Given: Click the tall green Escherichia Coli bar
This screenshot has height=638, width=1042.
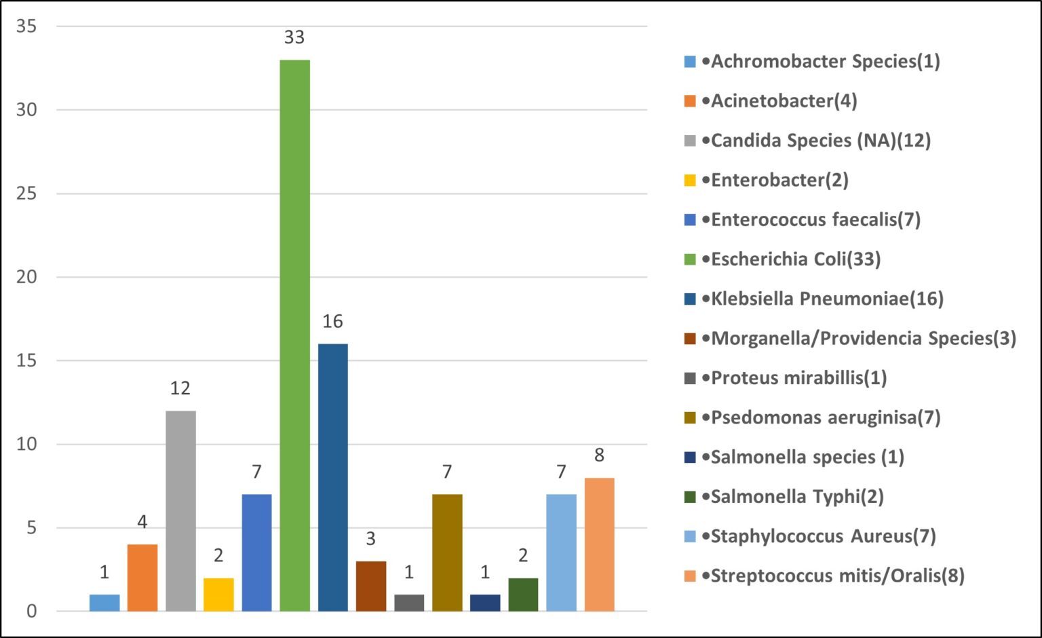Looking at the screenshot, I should coord(294,336).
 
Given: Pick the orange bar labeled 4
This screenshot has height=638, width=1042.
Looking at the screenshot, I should coord(142,578).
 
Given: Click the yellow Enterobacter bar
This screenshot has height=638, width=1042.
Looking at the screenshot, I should coord(218,595).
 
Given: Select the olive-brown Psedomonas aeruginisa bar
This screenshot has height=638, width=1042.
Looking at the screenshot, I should coord(447,552).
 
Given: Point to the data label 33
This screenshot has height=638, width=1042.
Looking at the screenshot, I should coord(294,37).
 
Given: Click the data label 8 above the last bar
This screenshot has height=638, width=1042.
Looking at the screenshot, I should coord(599,455).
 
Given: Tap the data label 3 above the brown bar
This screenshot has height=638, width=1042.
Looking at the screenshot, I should coord(370,539).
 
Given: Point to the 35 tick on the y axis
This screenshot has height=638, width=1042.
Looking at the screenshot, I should coord(26,26).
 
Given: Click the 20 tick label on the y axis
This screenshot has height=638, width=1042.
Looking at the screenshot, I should coord(26,277).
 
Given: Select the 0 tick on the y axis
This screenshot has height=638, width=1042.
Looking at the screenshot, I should coord(32,612).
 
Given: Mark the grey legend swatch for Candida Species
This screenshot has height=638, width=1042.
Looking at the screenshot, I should coord(690,141).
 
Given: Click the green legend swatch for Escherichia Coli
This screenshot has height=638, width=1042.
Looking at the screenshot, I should coord(690,259).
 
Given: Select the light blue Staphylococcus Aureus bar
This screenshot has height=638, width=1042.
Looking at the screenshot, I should coord(561,552).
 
